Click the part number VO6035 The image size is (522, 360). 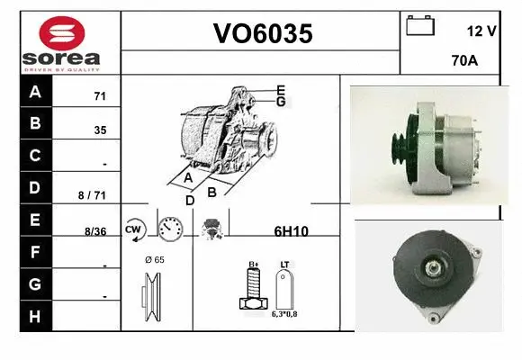(x=262, y=34)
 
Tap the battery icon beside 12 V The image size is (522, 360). (x=419, y=26)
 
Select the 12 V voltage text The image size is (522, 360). (x=481, y=31)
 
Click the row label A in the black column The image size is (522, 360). (x=34, y=93)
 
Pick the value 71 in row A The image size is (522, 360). (x=100, y=95)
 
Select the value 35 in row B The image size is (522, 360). (x=100, y=130)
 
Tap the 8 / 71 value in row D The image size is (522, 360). (x=93, y=194)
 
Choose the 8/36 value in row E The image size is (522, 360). (x=94, y=231)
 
